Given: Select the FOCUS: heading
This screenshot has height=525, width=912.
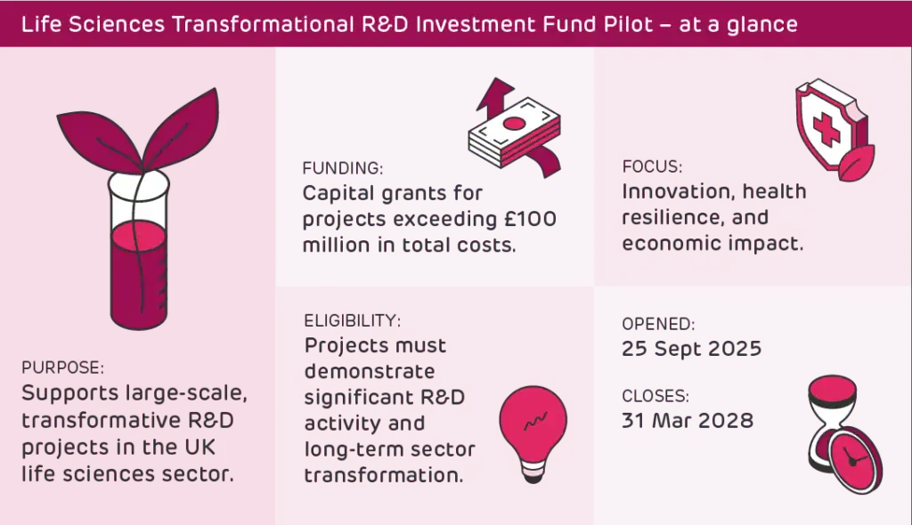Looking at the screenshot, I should pyautogui.click(x=652, y=166).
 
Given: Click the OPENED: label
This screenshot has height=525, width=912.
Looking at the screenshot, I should pyautogui.click(x=658, y=324).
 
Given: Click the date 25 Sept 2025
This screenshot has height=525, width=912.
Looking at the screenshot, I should pyautogui.click(x=691, y=348).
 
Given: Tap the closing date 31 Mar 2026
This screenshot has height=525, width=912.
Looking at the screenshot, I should pyautogui.click(x=688, y=418).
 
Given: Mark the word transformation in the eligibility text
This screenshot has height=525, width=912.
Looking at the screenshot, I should pyautogui.click(x=384, y=474).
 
